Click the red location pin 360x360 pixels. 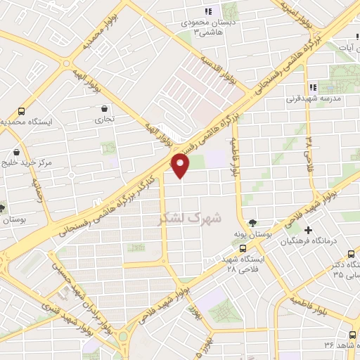(181, 166)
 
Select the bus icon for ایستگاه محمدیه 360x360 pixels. (21, 111)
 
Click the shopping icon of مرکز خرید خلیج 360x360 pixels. (15, 153)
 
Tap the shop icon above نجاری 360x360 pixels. (105, 108)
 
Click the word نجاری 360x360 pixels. (104, 120)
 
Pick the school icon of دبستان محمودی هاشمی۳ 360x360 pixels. (207, 11)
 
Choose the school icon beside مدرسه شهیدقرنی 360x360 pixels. (313, 88)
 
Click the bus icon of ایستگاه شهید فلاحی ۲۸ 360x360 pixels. (243, 248)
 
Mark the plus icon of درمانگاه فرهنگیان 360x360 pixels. (309, 230)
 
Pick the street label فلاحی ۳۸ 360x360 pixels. (309, 152)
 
